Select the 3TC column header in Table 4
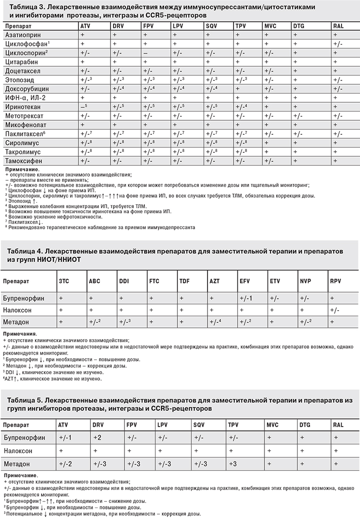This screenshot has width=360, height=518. point(64,281)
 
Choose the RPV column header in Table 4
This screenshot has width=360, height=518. point(334,281)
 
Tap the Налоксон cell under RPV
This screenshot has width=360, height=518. point(335,310)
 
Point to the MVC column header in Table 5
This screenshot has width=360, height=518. point(272,425)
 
